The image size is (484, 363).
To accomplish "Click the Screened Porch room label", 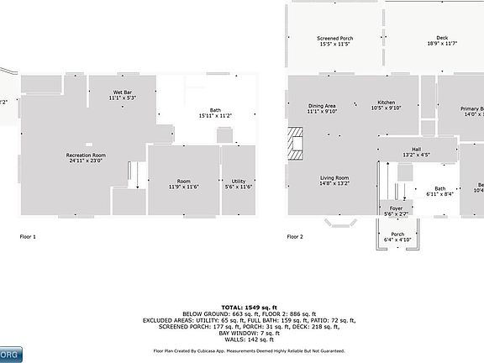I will [334, 39].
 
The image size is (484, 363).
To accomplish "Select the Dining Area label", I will [322, 105].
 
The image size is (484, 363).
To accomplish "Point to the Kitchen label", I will [386, 105].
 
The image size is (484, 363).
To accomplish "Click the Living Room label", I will [334, 177].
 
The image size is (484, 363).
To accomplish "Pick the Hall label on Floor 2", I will [416, 150].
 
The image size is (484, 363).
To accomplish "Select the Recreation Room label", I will [86, 155].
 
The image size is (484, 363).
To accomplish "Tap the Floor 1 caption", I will [28, 237].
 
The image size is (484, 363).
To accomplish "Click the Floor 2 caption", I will [295, 237].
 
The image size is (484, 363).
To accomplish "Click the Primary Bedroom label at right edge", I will [471, 109].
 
